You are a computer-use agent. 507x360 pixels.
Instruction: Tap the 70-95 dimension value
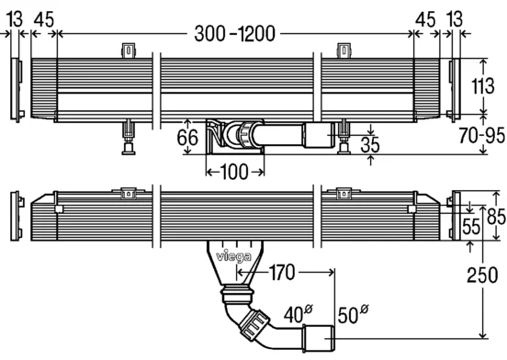click(482, 135)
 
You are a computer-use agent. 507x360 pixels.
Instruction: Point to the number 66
click(187, 138)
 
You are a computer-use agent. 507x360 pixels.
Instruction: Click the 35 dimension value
click(369, 144)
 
